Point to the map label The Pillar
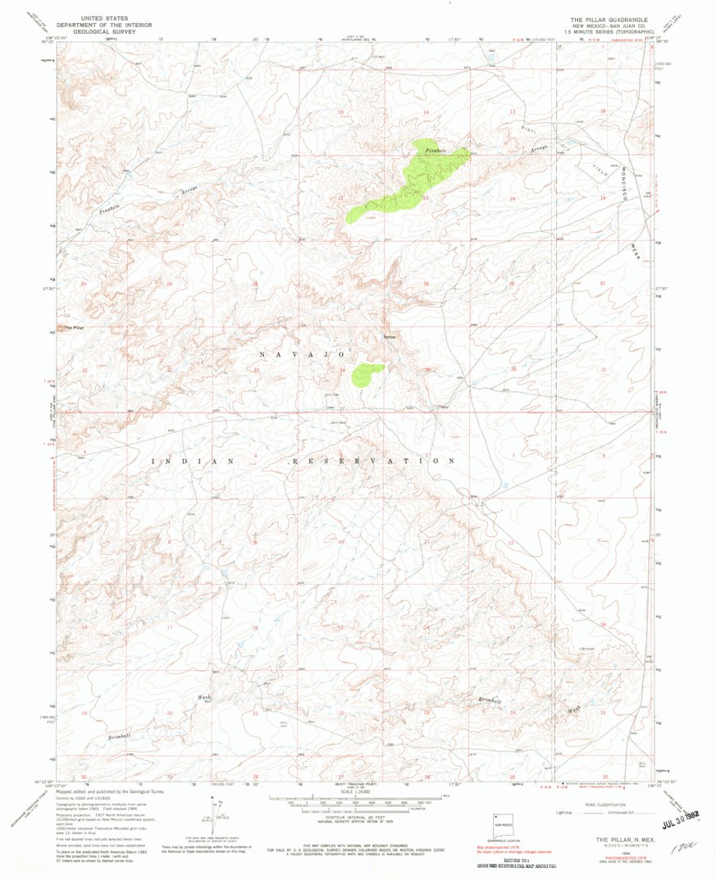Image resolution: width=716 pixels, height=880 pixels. (x=75, y=328)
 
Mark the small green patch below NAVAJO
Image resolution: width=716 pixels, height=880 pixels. (x=367, y=374)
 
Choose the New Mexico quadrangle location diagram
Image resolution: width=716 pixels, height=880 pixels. (x=503, y=826)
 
